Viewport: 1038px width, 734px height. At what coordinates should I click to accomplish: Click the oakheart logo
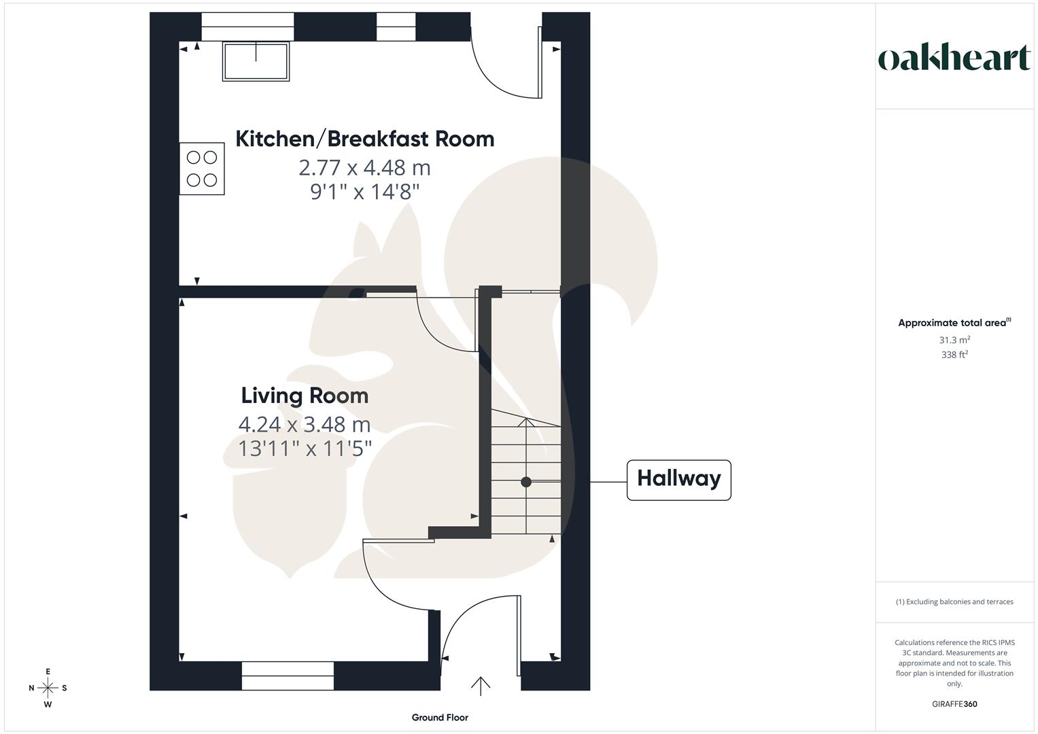coord(954,58)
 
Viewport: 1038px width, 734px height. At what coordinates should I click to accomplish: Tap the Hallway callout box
coord(678,480)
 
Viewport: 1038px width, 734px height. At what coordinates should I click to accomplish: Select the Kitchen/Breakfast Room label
coord(364,139)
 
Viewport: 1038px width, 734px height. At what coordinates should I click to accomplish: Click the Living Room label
coord(305,396)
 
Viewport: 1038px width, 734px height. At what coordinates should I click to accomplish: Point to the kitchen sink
coord(256,61)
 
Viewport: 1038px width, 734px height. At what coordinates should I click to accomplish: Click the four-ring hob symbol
coord(202,169)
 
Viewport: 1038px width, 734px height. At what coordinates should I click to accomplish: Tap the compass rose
coord(48,688)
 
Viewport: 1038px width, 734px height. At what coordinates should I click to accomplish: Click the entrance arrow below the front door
coord(481,686)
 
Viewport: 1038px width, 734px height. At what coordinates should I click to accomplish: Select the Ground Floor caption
coord(440,718)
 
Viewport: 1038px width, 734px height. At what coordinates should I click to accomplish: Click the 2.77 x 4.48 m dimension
coord(364,167)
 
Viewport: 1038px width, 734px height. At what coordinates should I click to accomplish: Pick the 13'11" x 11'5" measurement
coord(305,449)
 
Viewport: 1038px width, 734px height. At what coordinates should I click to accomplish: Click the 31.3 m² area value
coord(954,340)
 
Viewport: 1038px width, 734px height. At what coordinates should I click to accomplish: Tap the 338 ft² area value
coord(954,355)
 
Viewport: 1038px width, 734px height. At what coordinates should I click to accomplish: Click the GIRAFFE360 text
coord(954,704)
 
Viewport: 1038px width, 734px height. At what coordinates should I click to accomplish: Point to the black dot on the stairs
coord(526,482)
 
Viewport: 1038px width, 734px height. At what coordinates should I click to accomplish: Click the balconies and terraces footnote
coord(954,601)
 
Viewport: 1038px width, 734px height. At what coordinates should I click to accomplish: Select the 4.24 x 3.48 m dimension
coord(305,425)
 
